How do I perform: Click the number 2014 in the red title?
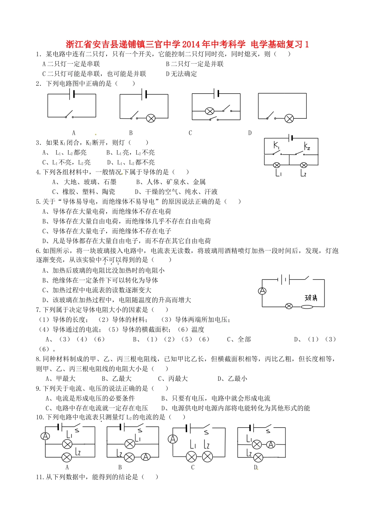(191, 44)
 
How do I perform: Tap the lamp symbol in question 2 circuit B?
(151, 118)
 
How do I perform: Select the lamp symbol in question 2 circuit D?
(289, 118)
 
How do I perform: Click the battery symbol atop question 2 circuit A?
(72, 94)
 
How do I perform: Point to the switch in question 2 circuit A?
(69, 115)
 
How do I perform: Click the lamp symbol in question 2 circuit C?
(210, 111)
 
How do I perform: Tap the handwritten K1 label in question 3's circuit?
(276, 146)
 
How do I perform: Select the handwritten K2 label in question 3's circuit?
(307, 147)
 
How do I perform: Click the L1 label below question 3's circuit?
(278, 173)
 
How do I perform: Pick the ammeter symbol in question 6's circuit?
(262, 291)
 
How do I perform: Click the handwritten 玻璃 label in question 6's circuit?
(311, 298)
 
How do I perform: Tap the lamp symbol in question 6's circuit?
(289, 306)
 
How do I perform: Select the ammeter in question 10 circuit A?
(46, 436)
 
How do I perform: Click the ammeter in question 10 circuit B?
(146, 457)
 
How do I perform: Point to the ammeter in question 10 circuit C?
(172, 439)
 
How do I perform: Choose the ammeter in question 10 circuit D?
(270, 444)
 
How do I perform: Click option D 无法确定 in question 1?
(182, 74)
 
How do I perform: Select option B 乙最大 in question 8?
(116, 378)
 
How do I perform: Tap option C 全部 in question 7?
(239, 339)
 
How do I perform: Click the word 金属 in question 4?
(199, 182)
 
